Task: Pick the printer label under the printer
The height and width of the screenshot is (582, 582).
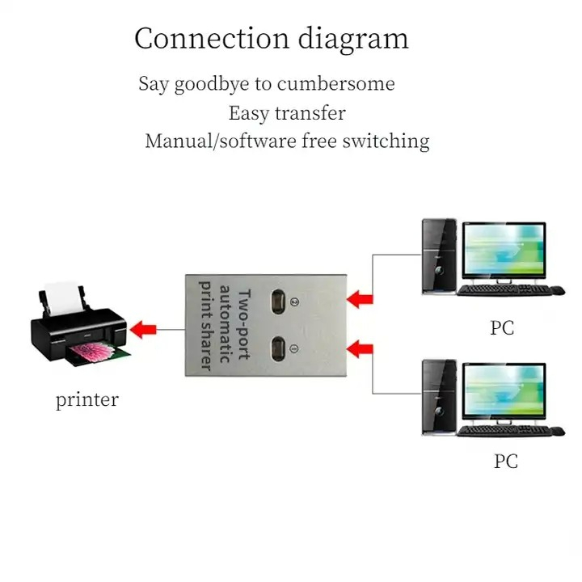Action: click(86, 399)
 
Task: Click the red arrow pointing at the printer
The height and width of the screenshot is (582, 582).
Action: click(145, 329)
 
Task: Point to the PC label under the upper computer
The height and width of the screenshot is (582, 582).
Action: click(501, 328)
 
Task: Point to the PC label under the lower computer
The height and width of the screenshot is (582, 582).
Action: click(505, 462)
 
